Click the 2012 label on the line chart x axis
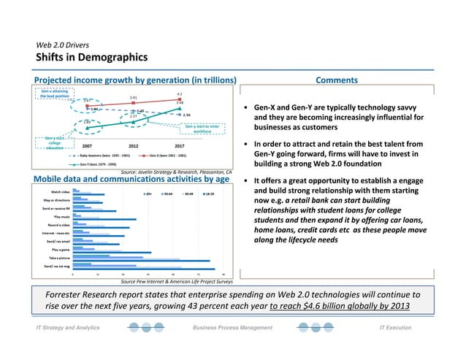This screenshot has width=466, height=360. click(x=134, y=145)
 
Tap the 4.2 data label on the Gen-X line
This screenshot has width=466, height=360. click(x=180, y=94)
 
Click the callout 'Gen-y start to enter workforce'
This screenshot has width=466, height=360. click(x=202, y=129)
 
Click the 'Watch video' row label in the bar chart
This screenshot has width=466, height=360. click(x=61, y=194)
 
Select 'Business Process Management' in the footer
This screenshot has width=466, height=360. click(x=232, y=329)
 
